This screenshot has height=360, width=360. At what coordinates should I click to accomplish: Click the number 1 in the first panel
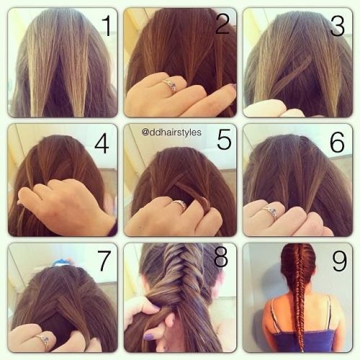107,26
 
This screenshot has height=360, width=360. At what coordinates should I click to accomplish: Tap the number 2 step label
222,24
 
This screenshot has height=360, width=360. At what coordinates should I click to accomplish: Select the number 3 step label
338,26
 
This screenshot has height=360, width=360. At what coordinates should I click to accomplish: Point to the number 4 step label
102,143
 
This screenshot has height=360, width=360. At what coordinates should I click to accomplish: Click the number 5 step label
224,140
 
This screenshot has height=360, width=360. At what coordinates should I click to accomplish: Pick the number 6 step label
337,142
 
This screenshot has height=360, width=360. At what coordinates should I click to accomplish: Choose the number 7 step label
104,261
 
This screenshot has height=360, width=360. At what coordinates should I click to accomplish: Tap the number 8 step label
220,257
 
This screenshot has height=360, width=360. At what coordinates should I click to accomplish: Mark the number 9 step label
339,261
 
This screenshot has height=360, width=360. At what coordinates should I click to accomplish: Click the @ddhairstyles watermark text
171,132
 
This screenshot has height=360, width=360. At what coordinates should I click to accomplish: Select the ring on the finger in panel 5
180,204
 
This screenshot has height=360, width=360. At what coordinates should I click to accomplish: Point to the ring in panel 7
44,341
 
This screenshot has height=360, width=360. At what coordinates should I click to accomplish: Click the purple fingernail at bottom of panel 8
149,336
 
